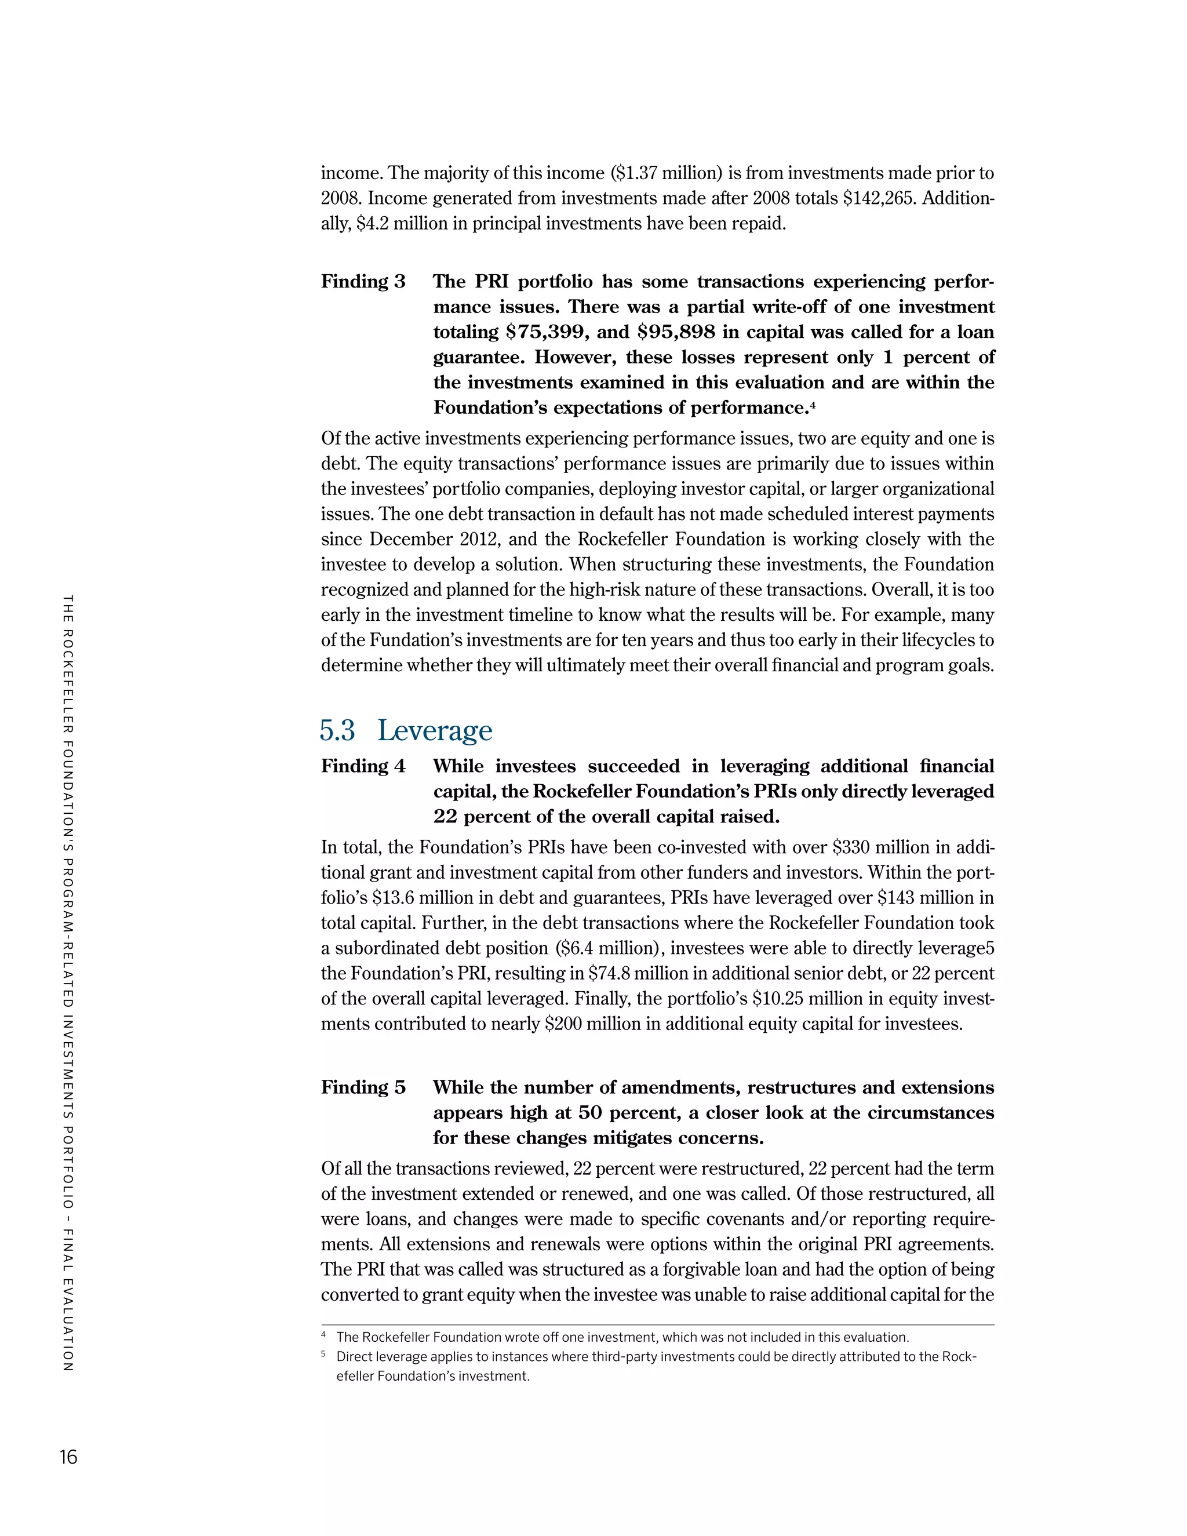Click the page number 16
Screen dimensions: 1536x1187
tap(68, 1457)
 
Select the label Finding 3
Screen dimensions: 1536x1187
tap(363, 281)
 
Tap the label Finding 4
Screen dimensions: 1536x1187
tap(363, 766)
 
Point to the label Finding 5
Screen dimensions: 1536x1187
tap(363, 1087)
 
